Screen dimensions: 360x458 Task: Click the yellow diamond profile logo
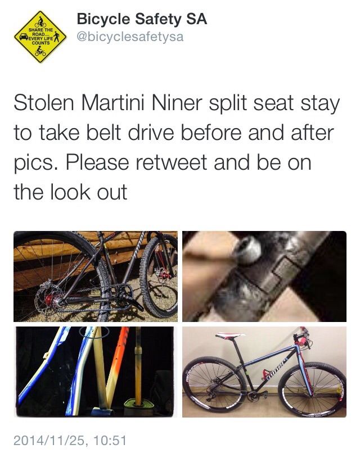point(40,37)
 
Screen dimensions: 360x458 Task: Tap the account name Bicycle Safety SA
point(142,19)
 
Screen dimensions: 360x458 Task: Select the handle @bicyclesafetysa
point(130,37)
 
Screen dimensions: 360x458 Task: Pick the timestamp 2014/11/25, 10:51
point(70,440)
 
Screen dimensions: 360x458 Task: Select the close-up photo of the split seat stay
point(264,276)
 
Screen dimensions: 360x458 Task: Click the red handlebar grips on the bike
point(302,339)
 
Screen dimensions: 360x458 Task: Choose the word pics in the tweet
point(34,164)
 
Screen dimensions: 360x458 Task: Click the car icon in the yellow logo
point(24,37)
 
